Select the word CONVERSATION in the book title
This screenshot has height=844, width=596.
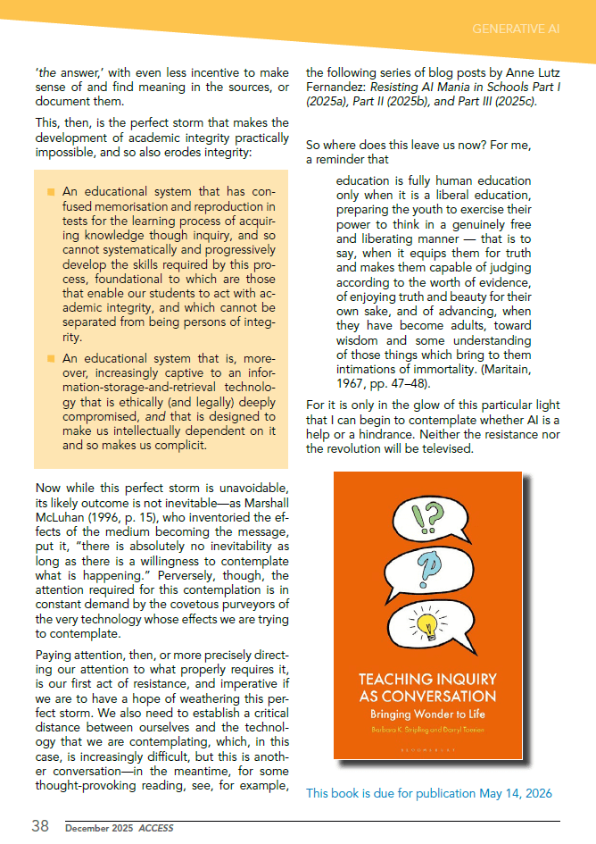pyautogui.click(x=427, y=697)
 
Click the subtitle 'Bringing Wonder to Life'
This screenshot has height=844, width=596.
pyautogui.click(x=427, y=714)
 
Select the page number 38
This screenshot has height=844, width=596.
pyautogui.click(x=40, y=826)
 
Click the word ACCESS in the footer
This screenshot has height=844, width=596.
pyautogui.click(x=157, y=828)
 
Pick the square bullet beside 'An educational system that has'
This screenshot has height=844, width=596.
pyautogui.click(x=51, y=192)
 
